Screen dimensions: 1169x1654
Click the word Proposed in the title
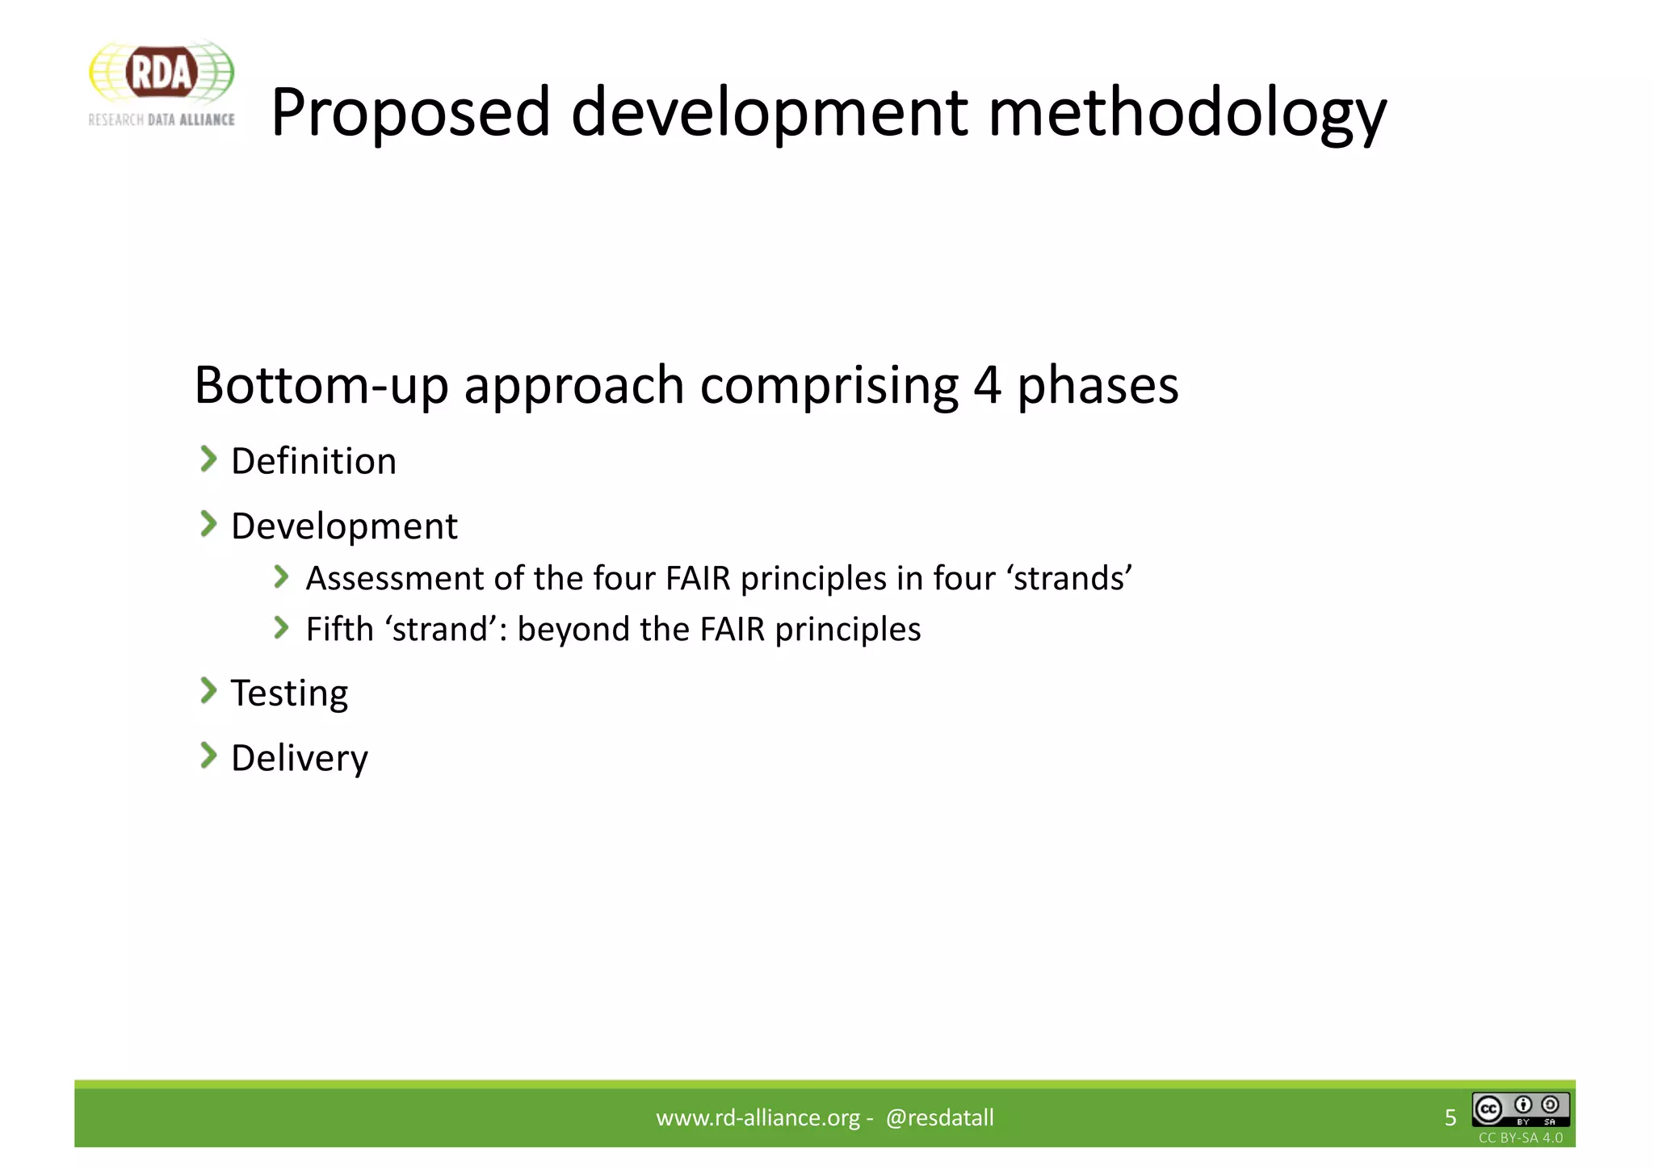[410, 113]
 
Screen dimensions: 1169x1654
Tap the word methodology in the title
[1187, 113]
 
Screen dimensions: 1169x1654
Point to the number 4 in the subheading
[987, 386]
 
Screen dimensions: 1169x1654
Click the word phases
[1098, 386]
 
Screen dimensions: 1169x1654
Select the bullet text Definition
[313, 462]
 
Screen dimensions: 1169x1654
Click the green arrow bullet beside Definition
[208, 459]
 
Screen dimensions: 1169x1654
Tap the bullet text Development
[344, 526]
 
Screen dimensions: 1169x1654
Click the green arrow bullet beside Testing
[208, 691]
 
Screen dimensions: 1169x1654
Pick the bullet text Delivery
[300, 758]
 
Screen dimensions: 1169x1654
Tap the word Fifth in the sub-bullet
[339, 629]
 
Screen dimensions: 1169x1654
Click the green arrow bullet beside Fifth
[281, 627]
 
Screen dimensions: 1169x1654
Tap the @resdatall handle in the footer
[939, 1117]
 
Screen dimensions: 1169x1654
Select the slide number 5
[1450, 1117]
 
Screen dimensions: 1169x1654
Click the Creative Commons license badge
[1521, 1110]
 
